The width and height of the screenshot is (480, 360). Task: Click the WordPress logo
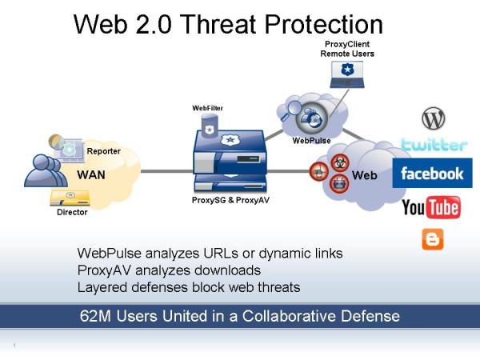click(434, 118)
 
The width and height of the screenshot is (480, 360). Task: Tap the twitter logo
click(434, 145)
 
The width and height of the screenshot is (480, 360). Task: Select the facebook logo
click(432, 174)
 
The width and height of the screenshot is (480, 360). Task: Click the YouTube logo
click(431, 207)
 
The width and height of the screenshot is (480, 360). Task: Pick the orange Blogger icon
click(433, 239)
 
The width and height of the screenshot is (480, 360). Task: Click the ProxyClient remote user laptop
click(347, 74)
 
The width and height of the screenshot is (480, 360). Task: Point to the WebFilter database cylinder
click(210, 126)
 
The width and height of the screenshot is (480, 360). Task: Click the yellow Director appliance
click(70, 198)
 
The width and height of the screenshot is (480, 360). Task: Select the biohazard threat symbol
click(340, 163)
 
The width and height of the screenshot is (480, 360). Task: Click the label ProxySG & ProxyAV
click(230, 200)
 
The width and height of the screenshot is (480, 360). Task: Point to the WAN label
click(91, 174)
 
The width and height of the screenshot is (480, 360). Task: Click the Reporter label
click(103, 151)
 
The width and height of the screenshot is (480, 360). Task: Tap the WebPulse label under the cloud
click(311, 141)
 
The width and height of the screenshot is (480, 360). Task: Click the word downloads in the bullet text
click(227, 270)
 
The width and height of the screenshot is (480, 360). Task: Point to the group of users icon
click(46, 170)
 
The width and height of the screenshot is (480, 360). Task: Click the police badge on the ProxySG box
click(230, 140)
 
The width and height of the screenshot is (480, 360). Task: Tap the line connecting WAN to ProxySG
click(166, 171)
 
